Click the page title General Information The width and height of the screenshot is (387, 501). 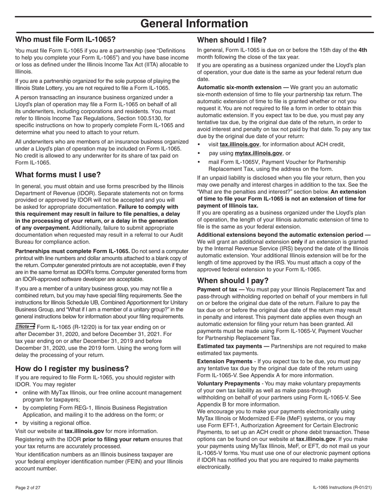(x=194, y=24)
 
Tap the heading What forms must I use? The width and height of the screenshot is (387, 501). (x=58, y=175)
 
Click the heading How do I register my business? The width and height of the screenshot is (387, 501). (x=72, y=368)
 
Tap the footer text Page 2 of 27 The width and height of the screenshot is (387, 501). (x=28, y=488)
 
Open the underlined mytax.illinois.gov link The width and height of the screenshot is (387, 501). (x=258, y=153)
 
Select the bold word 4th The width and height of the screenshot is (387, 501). (x=363, y=50)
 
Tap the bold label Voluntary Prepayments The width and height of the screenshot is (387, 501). (x=228, y=383)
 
